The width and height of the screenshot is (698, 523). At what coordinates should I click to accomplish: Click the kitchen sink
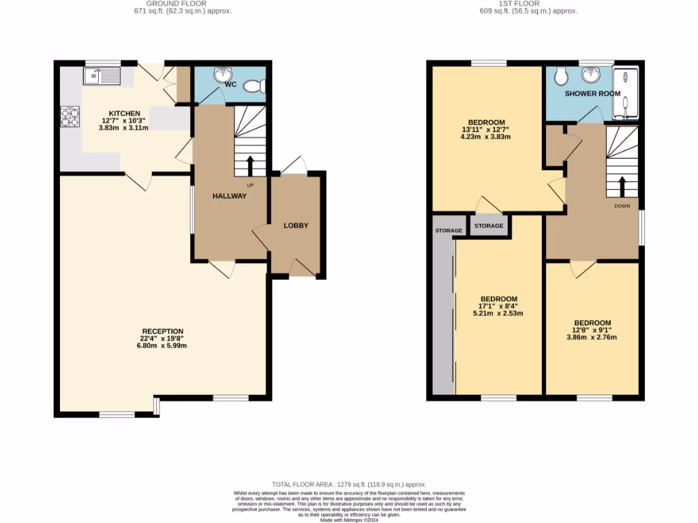[102, 76]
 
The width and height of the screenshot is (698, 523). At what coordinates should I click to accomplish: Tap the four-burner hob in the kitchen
[70, 117]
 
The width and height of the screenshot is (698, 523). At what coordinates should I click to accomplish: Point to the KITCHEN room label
[125, 113]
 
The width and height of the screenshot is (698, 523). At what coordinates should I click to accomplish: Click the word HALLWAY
[229, 196]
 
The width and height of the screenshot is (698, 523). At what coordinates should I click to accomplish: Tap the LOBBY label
[296, 225]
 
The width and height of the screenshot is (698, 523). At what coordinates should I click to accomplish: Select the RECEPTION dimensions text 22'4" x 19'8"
[163, 338]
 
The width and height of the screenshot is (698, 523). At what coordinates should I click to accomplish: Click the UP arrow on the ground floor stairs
[249, 165]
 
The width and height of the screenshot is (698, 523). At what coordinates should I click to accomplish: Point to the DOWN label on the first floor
[622, 205]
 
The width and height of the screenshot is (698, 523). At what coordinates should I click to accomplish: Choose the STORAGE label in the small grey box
[489, 225]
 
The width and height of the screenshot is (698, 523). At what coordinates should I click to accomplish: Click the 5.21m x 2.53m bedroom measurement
[498, 313]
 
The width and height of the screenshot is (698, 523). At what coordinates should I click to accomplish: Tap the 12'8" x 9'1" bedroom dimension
[592, 330]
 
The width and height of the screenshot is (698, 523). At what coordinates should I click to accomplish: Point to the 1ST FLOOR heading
[529, 3]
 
